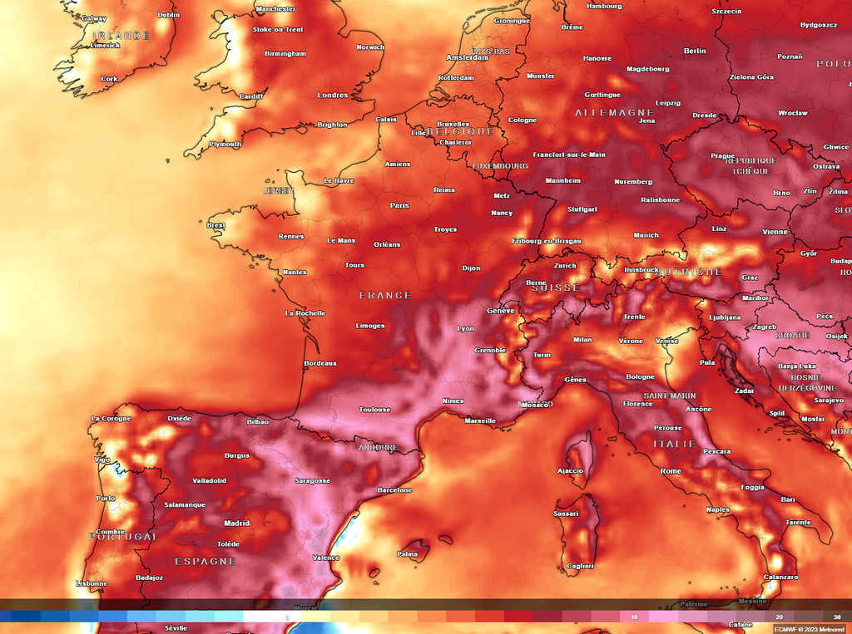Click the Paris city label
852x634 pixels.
(399, 205)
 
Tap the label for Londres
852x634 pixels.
(333, 95)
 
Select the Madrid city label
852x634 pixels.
(236, 523)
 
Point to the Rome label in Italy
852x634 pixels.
(671, 471)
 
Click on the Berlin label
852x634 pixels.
(695, 51)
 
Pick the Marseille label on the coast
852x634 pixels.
(480, 420)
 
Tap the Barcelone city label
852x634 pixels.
(394, 490)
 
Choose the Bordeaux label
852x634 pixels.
(320, 363)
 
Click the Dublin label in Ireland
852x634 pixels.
(169, 14)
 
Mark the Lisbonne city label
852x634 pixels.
(92, 583)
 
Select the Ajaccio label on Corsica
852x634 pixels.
(570, 470)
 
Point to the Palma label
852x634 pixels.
(408, 553)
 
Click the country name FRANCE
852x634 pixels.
(385, 295)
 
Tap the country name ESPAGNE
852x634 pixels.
(205, 562)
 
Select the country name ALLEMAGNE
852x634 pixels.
(614, 112)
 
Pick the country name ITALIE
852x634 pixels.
(674, 444)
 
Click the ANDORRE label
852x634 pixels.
(378, 447)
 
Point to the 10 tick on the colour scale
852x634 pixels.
(634, 617)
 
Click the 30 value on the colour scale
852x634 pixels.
(837, 617)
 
